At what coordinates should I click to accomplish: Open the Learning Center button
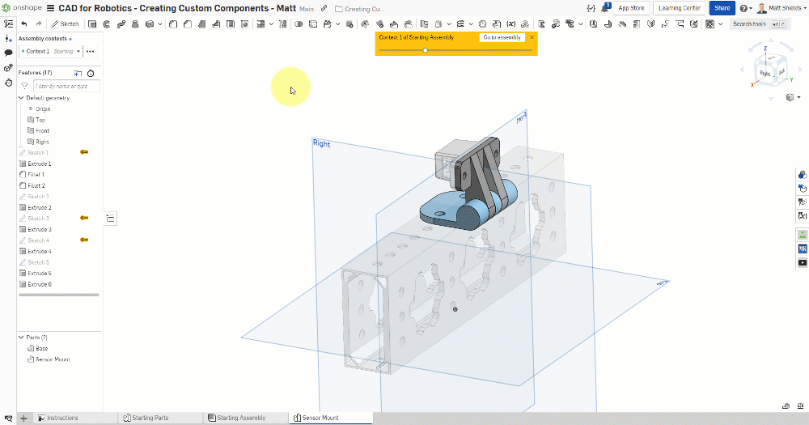[680, 8]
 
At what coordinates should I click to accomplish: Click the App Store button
[631, 8]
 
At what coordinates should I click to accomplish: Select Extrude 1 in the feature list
[39, 164]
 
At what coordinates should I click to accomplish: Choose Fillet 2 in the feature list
[36, 185]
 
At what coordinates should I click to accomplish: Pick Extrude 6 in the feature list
[39, 284]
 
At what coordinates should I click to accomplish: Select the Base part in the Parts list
[41, 348]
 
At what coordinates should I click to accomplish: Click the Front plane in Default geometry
[42, 130]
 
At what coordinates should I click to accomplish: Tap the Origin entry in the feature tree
[42, 108]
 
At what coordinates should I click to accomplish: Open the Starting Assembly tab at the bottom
[241, 418]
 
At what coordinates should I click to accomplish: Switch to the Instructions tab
[62, 418]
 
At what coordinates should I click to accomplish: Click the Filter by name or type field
[66, 86]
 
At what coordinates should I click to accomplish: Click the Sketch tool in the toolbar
[66, 24]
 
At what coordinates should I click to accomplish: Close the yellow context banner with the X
[532, 37]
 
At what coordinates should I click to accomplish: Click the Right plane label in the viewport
[321, 143]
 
